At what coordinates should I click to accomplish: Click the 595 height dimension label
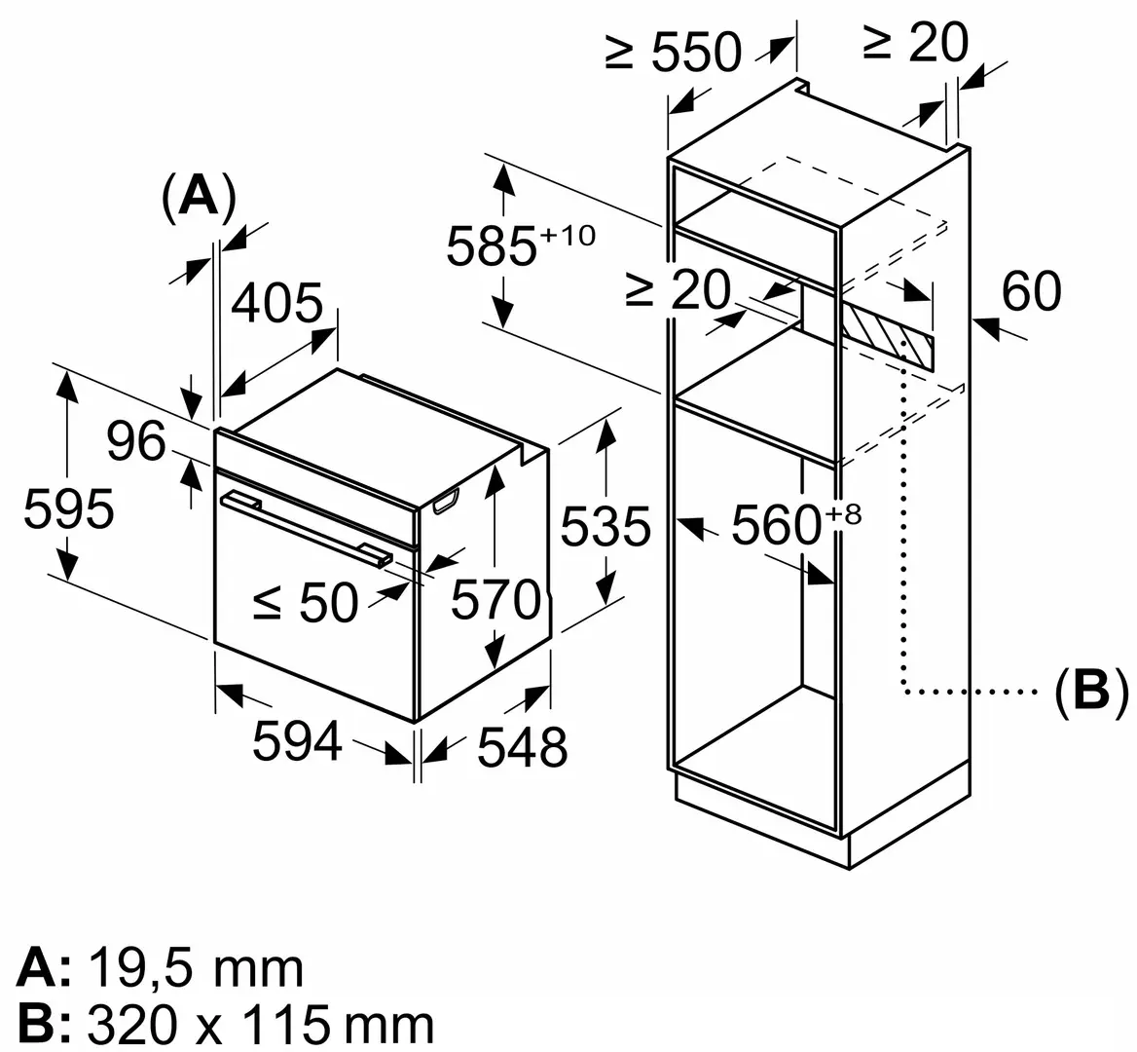68,508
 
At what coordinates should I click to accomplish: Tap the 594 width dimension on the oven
297,740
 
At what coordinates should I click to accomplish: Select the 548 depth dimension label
521,746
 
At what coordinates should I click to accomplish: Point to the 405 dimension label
276,303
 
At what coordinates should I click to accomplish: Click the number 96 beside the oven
135,442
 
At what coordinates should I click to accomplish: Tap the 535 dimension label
605,527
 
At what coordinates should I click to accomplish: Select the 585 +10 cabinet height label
519,244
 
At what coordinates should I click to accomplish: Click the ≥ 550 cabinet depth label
673,52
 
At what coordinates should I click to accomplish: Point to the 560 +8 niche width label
795,524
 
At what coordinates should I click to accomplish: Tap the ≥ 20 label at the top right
916,42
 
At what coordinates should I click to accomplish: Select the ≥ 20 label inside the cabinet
678,289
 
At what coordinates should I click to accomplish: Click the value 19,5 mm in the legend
196,969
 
